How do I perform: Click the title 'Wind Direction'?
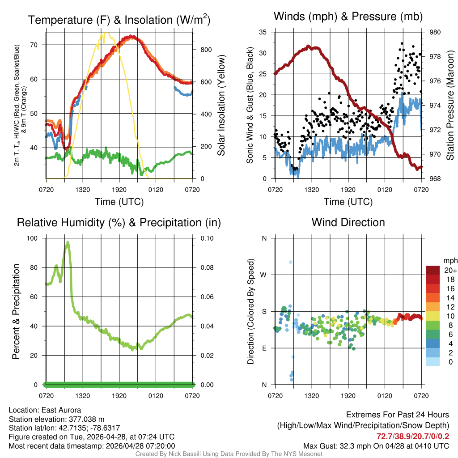tap(348, 222)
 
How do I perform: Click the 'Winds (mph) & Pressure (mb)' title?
tap(348, 17)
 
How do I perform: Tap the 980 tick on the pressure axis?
tap(435, 32)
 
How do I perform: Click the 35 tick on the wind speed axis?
tap(263, 32)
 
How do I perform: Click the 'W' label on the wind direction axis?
tap(264, 275)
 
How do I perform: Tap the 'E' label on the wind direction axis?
tap(264, 348)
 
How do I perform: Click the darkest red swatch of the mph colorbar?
tap(433, 270)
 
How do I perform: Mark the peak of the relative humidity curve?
tap(68, 242)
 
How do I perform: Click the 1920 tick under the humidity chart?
tap(119, 395)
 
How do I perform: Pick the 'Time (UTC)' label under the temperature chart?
tap(119, 202)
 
